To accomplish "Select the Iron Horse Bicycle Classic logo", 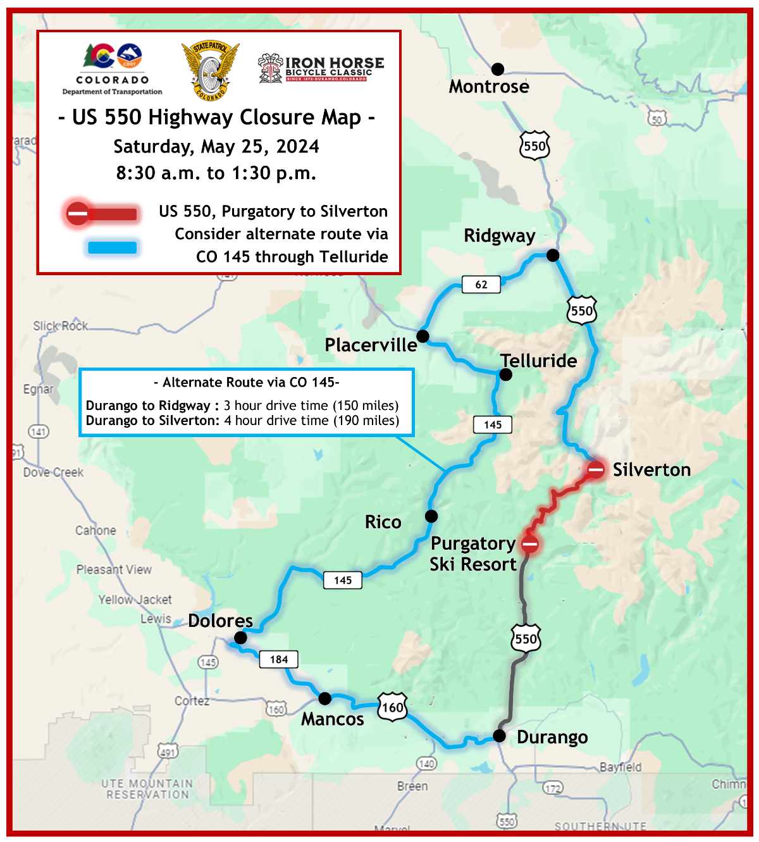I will click(x=321, y=69).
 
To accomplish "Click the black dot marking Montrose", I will click(x=498, y=68).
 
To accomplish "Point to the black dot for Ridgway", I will click(x=553, y=255).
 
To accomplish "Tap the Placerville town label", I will click(x=371, y=345).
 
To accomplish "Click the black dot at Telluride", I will click(x=505, y=375).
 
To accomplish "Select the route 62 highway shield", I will click(x=481, y=285).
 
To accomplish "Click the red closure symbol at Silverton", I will click(x=596, y=469).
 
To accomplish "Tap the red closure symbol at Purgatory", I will click(x=529, y=543).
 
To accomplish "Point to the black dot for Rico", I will click(x=431, y=516).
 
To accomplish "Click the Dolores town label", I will click(x=220, y=621).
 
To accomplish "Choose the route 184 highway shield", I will click(x=279, y=659).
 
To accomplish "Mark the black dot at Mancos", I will click(x=324, y=698).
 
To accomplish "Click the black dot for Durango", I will click(x=499, y=735).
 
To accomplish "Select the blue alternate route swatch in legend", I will click(x=113, y=247).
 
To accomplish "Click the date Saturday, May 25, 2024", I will click(x=216, y=146).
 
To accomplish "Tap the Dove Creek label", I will click(x=53, y=473).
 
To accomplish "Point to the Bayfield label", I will click(x=620, y=767).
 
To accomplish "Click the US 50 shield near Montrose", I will click(x=657, y=118).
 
